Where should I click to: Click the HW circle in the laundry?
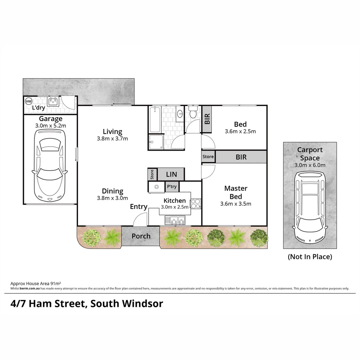tap(28, 101)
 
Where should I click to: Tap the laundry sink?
tap(53, 101)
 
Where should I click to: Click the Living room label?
tap(112, 132)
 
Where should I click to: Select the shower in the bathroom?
tap(156, 142)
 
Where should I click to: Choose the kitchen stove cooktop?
tap(195, 203)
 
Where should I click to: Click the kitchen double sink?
tap(175, 220)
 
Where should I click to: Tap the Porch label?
tap(141, 236)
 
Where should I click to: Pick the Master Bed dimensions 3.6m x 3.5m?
tap(235, 204)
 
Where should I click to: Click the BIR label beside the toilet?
tap(207, 119)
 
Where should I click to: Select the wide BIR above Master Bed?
tap(241, 157)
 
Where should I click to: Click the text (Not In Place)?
tap(310, 257)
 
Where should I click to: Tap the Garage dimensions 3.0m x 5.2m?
tap(51, 126)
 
